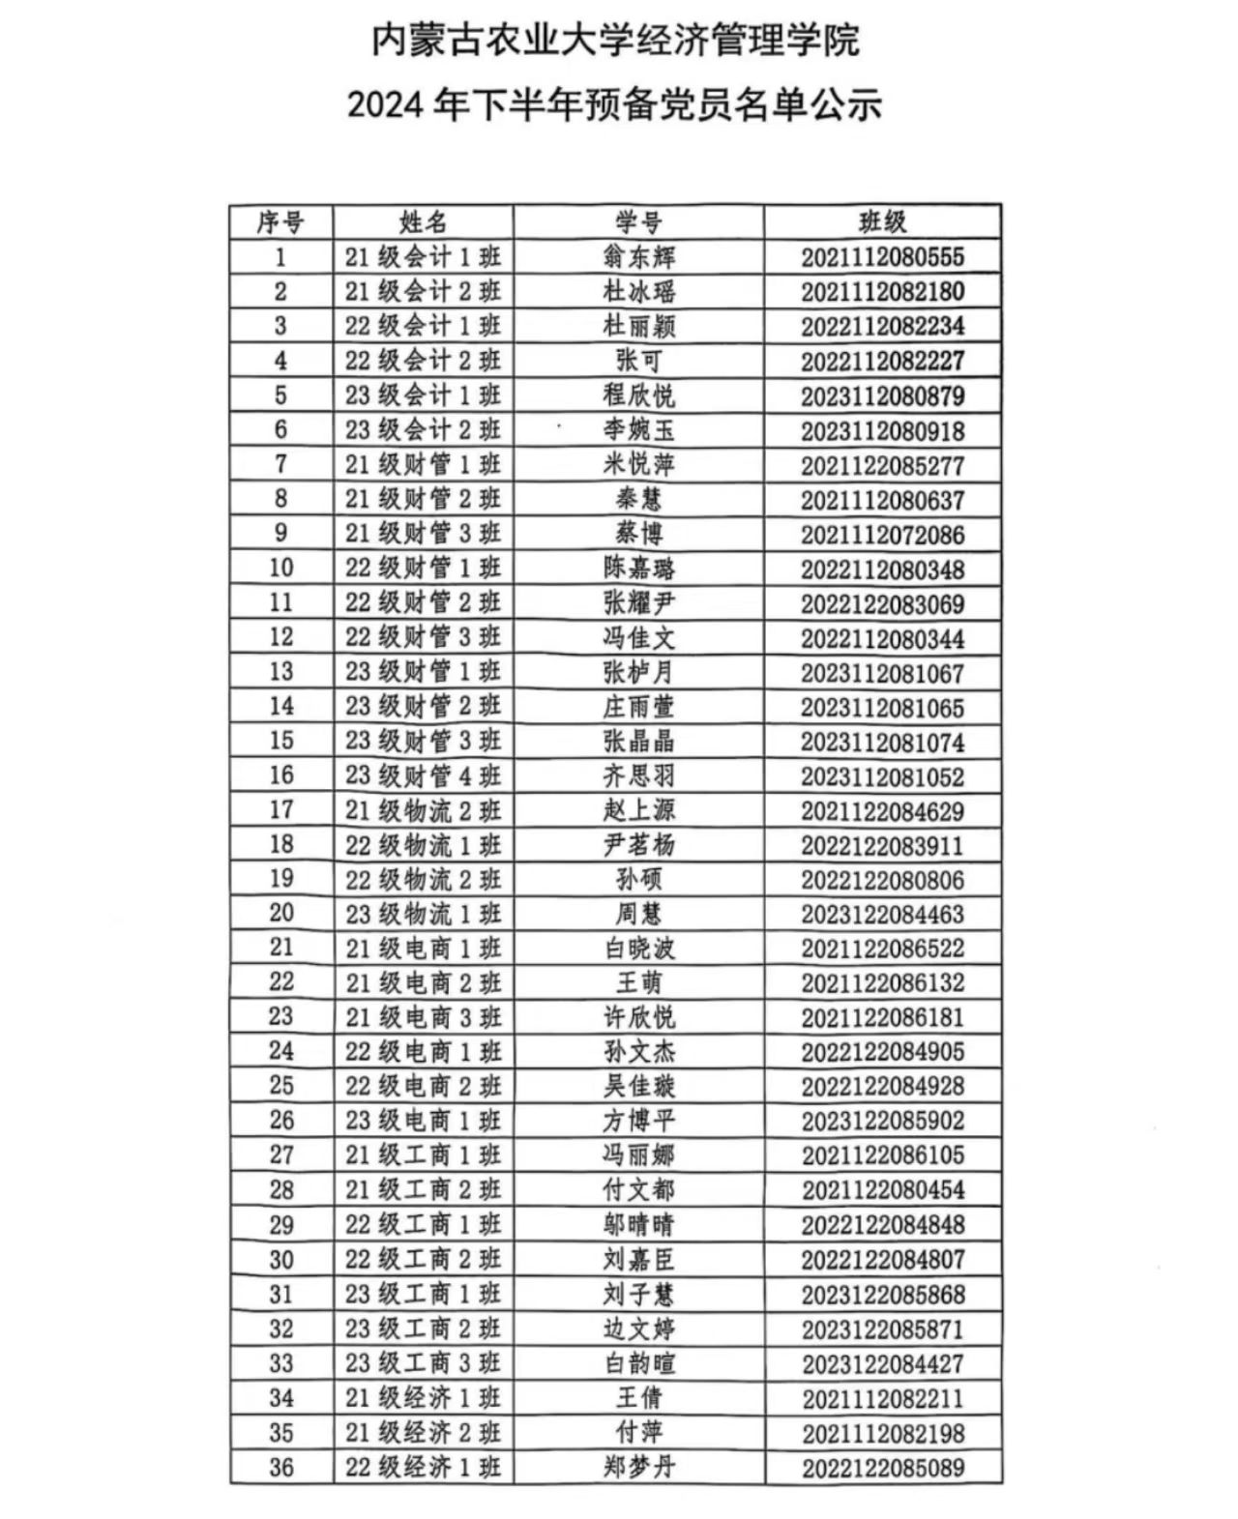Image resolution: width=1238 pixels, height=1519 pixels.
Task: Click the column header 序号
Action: (280, 222)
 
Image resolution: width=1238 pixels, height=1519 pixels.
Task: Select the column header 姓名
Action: (423, 222)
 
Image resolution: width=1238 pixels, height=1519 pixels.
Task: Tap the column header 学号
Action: (638, 222)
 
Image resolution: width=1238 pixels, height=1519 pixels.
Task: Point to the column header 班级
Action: (882, 222)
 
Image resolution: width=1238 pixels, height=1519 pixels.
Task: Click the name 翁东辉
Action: (638, 257)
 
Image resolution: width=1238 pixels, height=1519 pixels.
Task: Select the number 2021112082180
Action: (882, 292)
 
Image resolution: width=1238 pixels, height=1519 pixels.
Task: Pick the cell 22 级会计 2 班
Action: (423, 361)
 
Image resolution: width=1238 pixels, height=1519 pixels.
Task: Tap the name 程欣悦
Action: (638, 395)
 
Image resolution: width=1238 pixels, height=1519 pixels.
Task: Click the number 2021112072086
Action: (882, 535)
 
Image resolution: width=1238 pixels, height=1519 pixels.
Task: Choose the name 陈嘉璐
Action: (638, 569)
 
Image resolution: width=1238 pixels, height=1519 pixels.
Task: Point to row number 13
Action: (280, 672)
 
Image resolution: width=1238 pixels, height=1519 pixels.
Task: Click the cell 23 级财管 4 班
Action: (423, 775)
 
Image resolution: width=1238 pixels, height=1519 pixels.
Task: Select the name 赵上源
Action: (638, 810)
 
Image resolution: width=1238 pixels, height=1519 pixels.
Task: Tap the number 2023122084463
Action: (882, 915)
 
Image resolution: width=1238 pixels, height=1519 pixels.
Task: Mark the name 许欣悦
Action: (638, 1017)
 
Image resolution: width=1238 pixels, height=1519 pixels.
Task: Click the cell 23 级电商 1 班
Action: (423, 1121)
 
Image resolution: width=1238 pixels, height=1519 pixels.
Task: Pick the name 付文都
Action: (638, 1189)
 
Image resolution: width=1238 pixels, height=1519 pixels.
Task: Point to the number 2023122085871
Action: (882, 1329)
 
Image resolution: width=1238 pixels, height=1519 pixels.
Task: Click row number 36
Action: (280, 1468)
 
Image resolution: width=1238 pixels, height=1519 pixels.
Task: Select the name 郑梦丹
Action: (638, 1468)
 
